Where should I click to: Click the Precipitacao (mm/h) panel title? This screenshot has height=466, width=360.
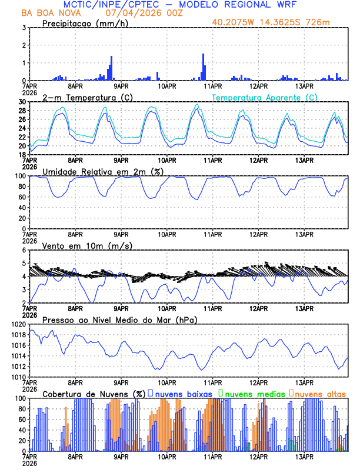click(x=85, y=24)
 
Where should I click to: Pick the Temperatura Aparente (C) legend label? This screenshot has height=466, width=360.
click(x=264, y=97)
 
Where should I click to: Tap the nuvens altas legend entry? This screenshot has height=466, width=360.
click(x=318, y=393)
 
